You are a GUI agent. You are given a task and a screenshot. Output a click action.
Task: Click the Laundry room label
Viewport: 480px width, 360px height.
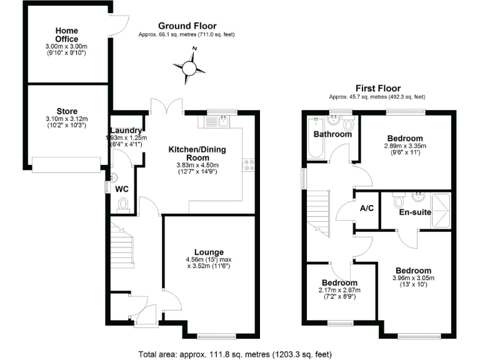[x=127, y=130]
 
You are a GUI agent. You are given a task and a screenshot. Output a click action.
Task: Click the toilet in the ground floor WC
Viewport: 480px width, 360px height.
[x=123, y=204]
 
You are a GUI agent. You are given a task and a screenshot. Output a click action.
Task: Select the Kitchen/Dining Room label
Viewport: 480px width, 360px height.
[x=197, y=154]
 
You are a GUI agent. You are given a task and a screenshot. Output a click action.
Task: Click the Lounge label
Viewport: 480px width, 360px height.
[x=209, y=252]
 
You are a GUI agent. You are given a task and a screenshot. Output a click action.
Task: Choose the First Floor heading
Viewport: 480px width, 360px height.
[x=377, y=88]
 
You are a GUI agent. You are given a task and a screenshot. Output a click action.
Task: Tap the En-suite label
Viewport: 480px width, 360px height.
[x=415, y=212]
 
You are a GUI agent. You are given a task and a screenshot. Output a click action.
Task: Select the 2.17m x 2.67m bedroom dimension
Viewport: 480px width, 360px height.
[x=339, y=290]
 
